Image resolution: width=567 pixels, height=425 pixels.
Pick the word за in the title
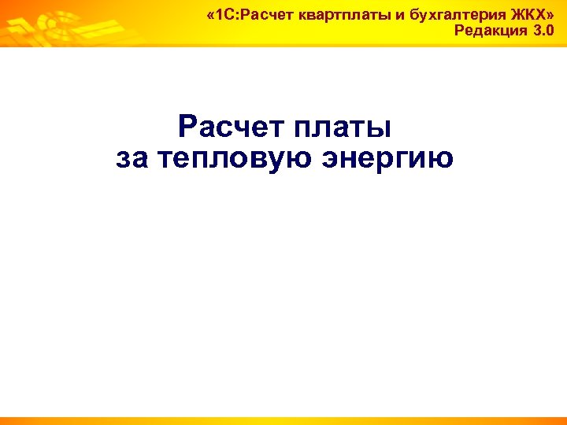(132, 159)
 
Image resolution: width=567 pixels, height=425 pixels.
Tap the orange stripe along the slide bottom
(283, 420)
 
